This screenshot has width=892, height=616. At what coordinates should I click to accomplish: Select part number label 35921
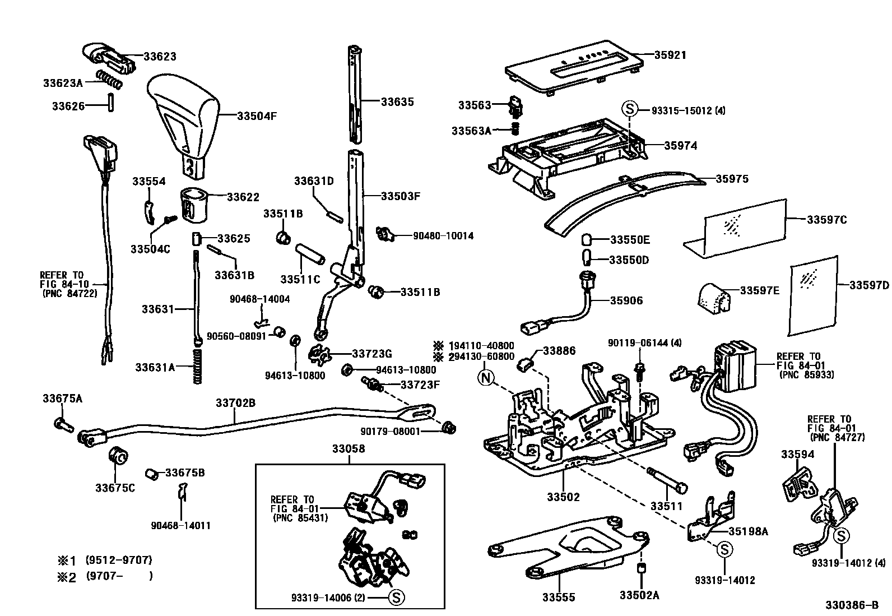(670, 55)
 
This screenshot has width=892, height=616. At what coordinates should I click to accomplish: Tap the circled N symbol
(485, 378)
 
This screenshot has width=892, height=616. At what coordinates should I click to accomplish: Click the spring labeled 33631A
(197, 367)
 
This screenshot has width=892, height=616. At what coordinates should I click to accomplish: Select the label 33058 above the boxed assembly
(348, 449)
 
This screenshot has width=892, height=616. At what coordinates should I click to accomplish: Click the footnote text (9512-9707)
(119, 560)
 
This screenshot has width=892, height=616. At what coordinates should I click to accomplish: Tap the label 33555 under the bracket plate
(558, 598)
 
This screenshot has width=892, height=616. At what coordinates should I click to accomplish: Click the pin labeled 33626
(111, 104)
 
